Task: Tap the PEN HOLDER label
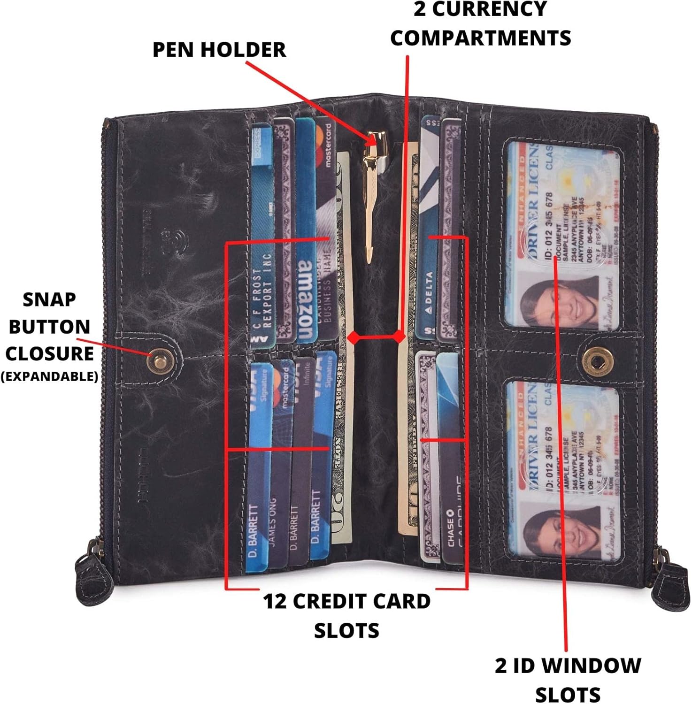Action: click(219, 50)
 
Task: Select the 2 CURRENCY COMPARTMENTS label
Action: click(480, 23)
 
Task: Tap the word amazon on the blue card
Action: click(306, 300)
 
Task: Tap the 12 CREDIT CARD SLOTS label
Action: click(346, 615)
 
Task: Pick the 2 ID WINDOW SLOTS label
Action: click(568, 680)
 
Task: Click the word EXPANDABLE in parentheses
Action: click(49, 376)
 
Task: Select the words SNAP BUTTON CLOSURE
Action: click(49, 327)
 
